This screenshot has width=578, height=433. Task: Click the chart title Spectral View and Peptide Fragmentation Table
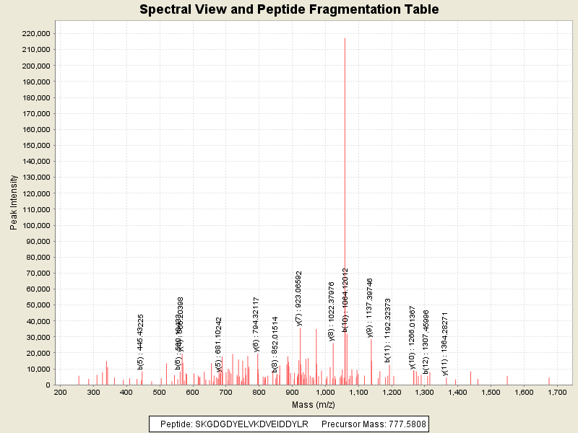[x=289, y=10]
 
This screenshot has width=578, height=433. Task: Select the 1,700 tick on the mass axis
[x=556, y=392]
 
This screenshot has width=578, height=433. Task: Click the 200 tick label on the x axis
[x=61, y=392]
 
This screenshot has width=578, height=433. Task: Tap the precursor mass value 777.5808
[x=400, y=424]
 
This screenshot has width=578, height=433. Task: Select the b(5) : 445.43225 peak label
[x=141, y=342]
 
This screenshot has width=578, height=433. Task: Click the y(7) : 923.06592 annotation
[x=299, y=299]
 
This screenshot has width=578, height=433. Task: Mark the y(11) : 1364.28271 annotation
[x=446, y=333]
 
